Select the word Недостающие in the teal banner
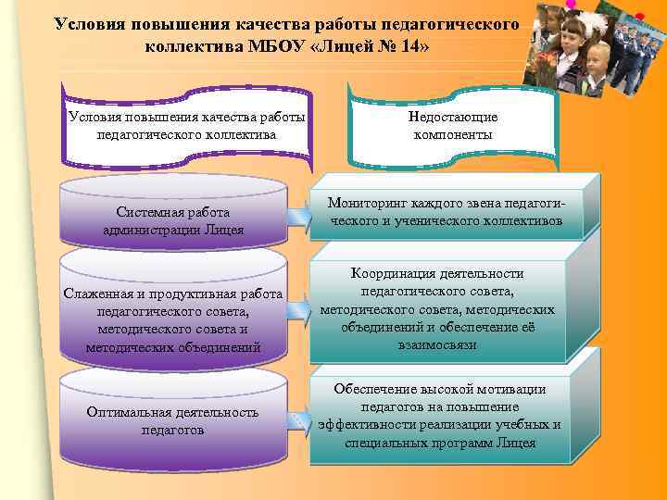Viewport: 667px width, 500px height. (453, 118)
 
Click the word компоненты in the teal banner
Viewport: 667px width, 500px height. (453, 135)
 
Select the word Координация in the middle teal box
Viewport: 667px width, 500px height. (393, 274)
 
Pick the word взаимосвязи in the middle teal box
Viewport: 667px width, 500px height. (437, 344)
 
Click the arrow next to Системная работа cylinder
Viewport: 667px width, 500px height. (298, 218)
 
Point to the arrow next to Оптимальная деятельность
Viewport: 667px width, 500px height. (298, 421)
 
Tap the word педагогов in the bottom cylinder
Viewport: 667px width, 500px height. (172, 430)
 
